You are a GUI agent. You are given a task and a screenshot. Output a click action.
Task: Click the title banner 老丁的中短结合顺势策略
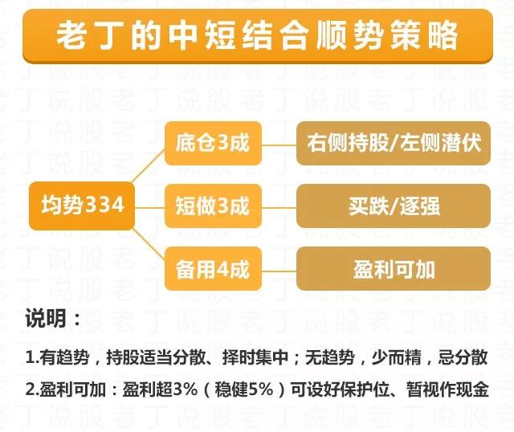click(x=257, y=36)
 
